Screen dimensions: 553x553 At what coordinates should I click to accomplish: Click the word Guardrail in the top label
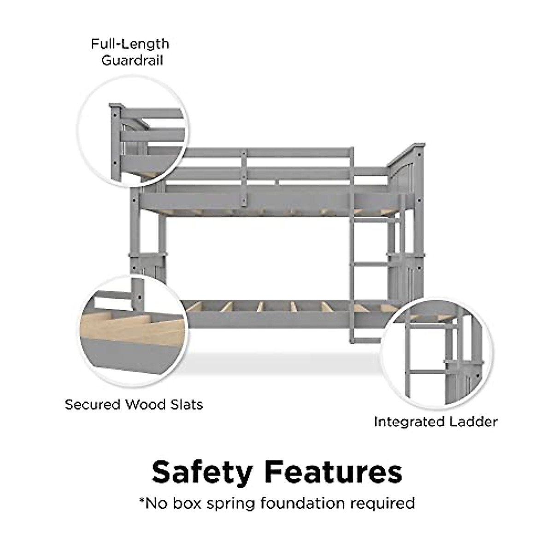pyautogui.click(x=132, y=61)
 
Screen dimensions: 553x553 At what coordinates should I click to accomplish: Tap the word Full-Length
pyautogui.click(x=130, y=44)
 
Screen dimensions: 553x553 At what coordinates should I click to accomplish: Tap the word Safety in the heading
pyautogui.click(x=202, y=472)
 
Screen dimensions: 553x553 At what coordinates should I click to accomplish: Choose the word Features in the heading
pyautogui.click(x=335, y=472)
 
